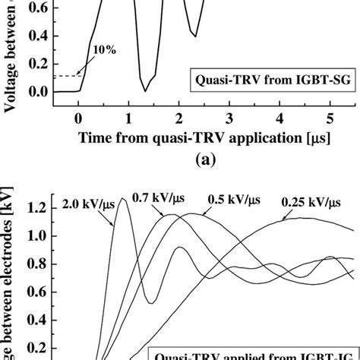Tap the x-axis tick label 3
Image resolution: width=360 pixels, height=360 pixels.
tap(229, 118)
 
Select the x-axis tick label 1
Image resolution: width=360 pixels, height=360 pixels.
tap(128, 118)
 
